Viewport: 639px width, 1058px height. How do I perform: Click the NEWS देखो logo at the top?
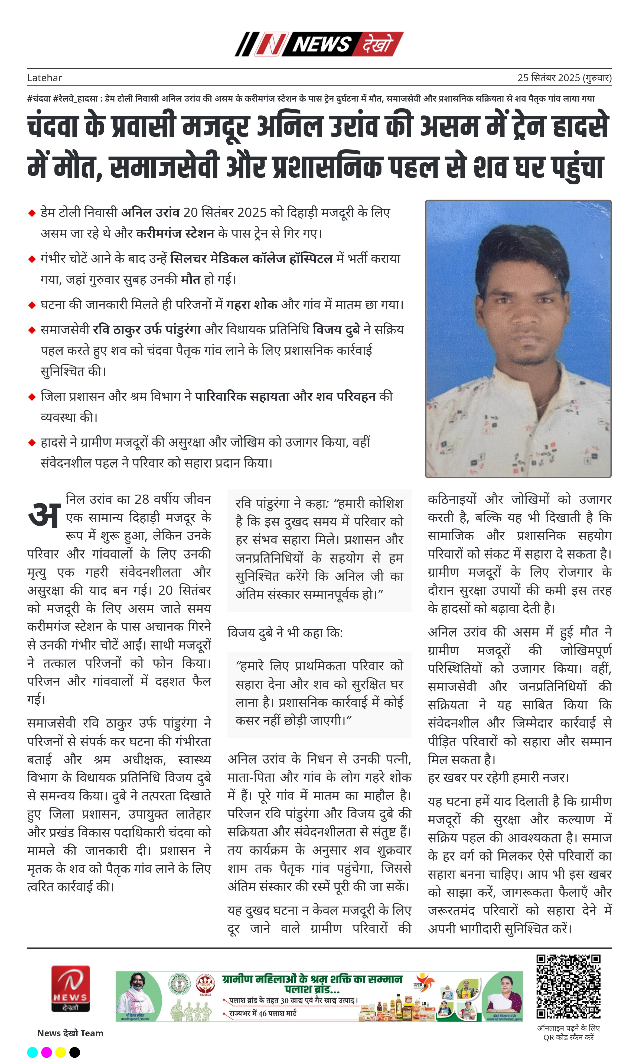(x=319, y=44)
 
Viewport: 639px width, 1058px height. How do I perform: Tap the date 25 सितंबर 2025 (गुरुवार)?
(x=564, y=78)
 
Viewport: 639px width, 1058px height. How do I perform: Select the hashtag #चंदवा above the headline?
(x=39, y=98)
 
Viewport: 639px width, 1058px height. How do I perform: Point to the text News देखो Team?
(x=70, y=1033)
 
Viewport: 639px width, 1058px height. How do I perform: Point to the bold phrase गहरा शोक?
(x=252, y=304)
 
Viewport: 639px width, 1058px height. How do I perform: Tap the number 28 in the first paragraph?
(x=142, y=499)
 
